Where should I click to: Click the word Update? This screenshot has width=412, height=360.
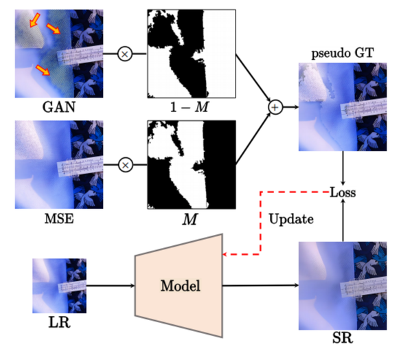pyautogui.click(x=292, y=220)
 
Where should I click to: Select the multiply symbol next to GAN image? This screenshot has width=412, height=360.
pyautogui.click(x=125, y=52)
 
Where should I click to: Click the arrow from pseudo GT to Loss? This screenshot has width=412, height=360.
pyautogui.click(x=343, y=168)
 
